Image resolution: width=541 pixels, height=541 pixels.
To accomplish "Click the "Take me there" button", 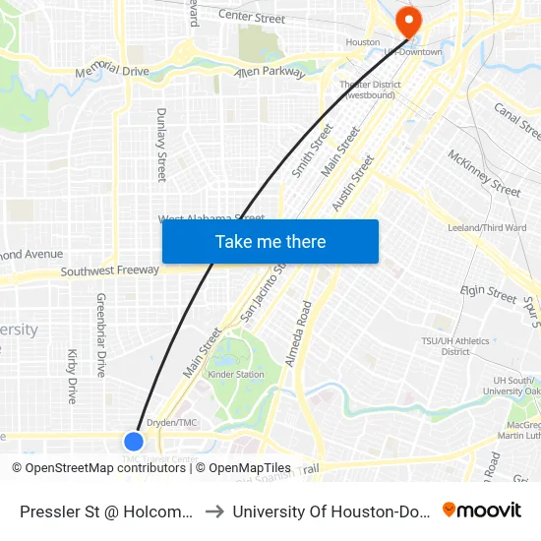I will (270, 242).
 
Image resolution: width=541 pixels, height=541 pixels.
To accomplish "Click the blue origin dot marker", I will (135, 442).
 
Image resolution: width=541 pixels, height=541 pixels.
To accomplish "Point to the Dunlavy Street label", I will (161, 145).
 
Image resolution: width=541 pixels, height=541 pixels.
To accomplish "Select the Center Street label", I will (251, 18).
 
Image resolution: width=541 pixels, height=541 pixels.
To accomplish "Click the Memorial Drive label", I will (112, 71).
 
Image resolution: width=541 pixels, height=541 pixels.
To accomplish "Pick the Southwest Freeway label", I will (109, 270).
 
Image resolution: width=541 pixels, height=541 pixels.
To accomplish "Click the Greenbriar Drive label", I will (100, 334).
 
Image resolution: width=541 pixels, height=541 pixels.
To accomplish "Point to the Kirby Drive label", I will (72, 376).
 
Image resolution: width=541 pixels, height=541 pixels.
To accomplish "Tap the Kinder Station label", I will (236, 375).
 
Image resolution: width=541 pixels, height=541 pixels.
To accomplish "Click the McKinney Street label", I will (484, 172).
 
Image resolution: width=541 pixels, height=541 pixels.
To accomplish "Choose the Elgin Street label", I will (489, 294).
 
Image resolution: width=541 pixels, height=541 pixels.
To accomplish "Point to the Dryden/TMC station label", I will (173, 423).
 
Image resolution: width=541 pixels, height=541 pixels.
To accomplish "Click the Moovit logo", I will (482, 510).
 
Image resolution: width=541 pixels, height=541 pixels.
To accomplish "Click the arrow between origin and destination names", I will (212, 511).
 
